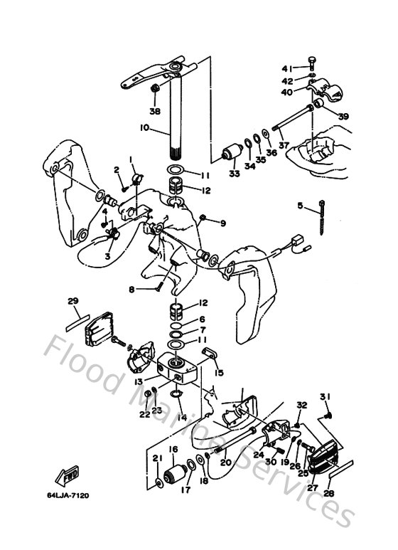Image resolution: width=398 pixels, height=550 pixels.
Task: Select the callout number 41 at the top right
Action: click(x=286, y=68)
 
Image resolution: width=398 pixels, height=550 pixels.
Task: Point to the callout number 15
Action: click(x=219, y=372)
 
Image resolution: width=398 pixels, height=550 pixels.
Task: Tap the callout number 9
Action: click(x=222, y=223)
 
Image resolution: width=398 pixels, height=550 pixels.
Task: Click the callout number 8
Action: click(x=131, y=289)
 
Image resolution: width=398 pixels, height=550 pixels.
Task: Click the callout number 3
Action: click(x=108, y=255)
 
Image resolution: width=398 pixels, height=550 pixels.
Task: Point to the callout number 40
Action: click(x=286, y=92)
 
